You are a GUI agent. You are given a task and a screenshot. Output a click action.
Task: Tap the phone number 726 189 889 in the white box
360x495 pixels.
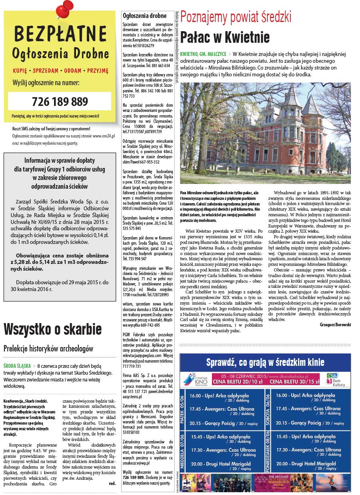[60, 101]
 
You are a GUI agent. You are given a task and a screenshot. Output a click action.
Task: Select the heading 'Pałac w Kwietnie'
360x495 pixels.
[225, 37]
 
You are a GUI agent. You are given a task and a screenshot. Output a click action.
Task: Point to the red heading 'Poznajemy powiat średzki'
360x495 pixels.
[236, 17]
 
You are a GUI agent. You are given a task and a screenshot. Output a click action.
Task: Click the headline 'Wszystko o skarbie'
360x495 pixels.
[52, 329]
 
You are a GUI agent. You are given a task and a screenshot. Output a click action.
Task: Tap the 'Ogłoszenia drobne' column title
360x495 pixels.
[144, 16]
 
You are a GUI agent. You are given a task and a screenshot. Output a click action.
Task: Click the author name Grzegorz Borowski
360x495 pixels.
[335, 325]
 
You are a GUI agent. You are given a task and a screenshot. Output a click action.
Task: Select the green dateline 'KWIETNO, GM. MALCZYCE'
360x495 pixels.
[203, 54]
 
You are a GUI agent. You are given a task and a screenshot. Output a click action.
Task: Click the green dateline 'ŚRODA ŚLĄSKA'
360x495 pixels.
[18, 365]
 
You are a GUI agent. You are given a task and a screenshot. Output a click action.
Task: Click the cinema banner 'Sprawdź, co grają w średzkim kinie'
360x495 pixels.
[265, 363]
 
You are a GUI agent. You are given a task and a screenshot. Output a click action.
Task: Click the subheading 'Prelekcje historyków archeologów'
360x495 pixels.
[48, 349]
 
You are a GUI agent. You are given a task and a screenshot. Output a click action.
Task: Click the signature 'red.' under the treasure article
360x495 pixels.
[112, 483]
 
